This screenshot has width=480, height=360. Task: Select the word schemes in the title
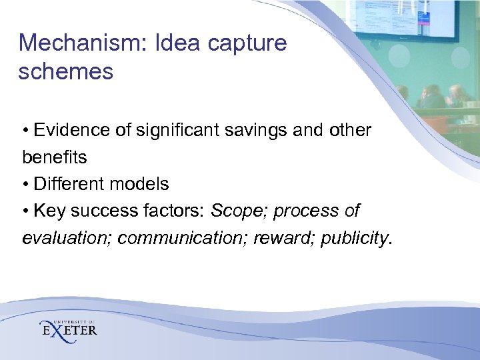tap(65, 71)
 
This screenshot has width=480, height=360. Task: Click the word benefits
tap(54, 157)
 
